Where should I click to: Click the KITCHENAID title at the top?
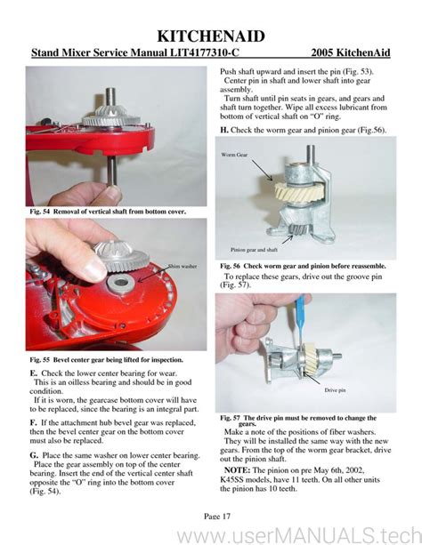tap(210, 35)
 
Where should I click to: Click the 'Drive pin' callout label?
tap(337, 389)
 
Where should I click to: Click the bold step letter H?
tap(223, 130)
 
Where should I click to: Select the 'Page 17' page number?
tap(210, 514)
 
